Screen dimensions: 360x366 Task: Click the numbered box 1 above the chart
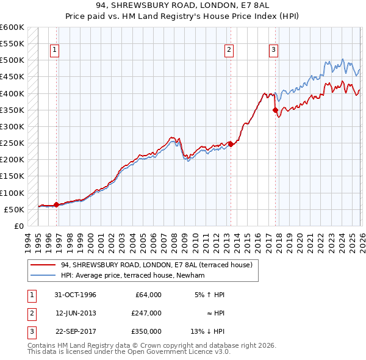(55, 50)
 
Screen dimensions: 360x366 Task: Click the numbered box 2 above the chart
(229, 50)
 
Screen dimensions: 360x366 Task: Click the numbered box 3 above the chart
(274, 50)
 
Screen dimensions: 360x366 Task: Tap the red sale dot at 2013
(231, 144)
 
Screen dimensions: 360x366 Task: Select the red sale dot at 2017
(275, 110)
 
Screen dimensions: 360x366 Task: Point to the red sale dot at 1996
(57, 204)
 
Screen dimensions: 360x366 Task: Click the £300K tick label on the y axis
(12, 127)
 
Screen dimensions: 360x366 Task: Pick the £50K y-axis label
(14, 209)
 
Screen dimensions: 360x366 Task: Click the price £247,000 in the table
(146, 312)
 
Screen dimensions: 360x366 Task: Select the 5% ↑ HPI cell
(210, 294)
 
